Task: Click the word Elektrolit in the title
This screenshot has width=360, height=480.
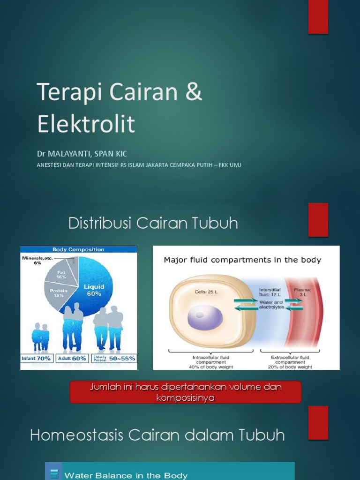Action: (86, 124)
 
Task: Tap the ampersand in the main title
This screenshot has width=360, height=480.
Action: (193, 92)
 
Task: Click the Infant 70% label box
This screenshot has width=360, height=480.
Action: (37, 359)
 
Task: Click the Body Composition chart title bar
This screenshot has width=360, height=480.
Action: (78, 249)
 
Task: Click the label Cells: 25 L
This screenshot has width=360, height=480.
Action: (206, 292)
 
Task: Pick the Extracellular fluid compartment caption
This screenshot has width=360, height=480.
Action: (290, 362)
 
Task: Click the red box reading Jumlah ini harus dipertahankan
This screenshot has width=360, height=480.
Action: (185, 392)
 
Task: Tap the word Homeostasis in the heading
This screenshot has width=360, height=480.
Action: (77, 435)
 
